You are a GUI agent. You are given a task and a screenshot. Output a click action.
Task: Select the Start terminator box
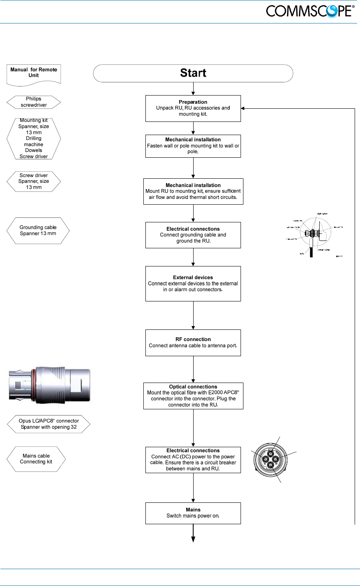click(x=193, y=73)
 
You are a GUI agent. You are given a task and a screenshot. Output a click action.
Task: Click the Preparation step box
click(x=193, y=108)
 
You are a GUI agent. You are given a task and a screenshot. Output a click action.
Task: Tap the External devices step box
click(x=193, y=284)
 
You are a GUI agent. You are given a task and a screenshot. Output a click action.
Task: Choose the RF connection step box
click(x=193, y=343)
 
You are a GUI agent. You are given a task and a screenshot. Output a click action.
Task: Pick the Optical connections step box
click(x=193, y=396)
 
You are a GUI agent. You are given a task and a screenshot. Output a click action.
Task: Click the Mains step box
click(x=193, y=513)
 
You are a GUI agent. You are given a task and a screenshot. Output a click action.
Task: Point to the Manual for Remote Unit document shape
click(x=34, y=74)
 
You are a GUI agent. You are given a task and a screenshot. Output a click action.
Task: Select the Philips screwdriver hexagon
click(x=34, y=102)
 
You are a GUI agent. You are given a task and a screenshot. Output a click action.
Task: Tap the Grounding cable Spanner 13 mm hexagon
click(x=38, y=231)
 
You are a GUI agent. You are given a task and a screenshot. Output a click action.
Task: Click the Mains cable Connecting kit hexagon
click(x=36, y=459)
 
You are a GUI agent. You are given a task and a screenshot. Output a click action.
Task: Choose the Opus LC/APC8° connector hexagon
click(x=49, y=424)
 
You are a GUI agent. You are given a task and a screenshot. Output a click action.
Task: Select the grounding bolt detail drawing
click(x=315, y=235)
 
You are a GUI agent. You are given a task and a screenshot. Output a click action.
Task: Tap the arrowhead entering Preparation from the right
click(x=243, y=108)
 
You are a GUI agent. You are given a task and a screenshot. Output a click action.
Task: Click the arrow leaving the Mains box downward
click(x=193, y=534)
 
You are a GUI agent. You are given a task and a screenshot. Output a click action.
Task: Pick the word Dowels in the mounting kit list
click(x=34, y=150)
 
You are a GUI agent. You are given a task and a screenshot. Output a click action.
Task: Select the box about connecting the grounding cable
click(x=193, y=235)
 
